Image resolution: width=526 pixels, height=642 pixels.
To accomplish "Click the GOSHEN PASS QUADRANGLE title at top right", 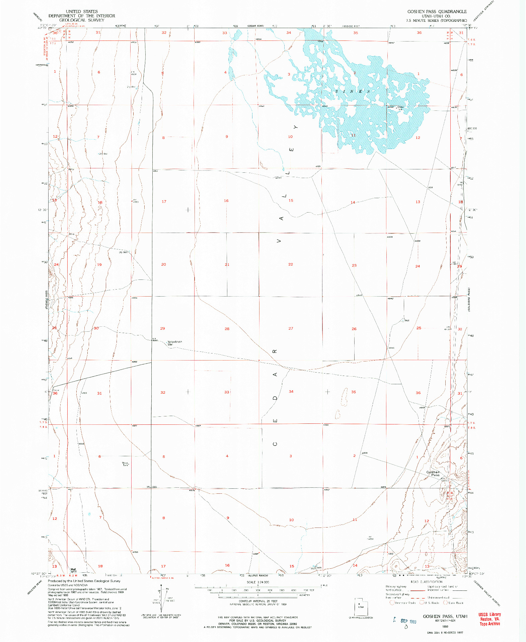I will [x=437, y=11].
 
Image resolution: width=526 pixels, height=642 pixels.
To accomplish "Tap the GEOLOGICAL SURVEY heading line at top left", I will [x=82, y=20].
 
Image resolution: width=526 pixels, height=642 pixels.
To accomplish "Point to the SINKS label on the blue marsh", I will [x=353, y=91].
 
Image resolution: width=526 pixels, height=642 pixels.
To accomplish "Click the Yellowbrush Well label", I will [x=174, y=343].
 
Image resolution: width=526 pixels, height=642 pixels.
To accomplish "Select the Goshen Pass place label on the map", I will [x=433, y=473].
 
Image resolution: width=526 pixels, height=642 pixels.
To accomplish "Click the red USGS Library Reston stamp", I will [x=490, y=619].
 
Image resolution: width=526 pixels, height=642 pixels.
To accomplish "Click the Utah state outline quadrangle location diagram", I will [x=361, y=607].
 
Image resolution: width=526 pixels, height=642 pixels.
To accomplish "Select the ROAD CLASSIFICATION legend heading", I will [x=426, y=582].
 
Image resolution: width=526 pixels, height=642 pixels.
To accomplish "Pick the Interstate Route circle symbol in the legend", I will [x=392, y=603].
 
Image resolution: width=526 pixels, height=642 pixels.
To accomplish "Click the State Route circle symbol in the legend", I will [x=445, y=603].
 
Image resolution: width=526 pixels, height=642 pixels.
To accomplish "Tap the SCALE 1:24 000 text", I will [x=258, y=582].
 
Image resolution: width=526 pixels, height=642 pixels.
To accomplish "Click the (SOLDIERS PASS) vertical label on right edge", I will [x=469, y=300].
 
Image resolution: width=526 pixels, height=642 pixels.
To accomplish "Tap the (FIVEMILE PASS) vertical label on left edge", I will [x=47, y=300].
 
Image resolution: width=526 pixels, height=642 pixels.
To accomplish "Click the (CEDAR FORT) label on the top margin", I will [x=255, y=26].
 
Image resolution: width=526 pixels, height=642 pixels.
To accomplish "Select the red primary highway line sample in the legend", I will [x=418, y=590].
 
